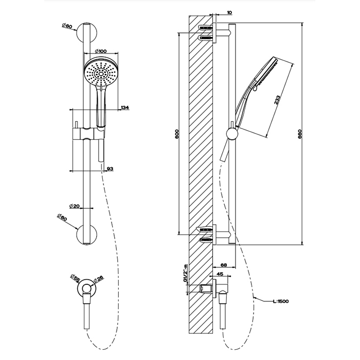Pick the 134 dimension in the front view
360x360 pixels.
(124, 107)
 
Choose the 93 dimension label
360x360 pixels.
(110, 169)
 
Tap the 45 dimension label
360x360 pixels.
(220, 274)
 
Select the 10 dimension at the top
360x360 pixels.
(228, 12)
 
